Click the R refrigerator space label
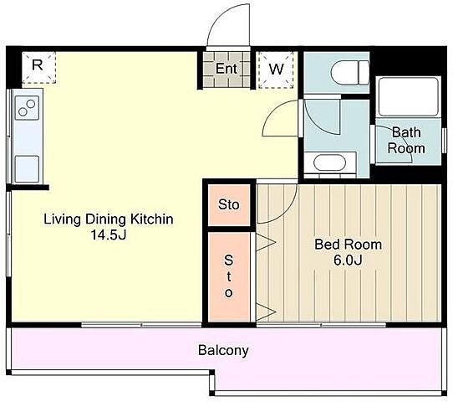pyautogui.click(x=38, y=64)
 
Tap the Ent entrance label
pyautogui.click(x=226, y=69)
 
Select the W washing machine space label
pyautogui.click(x=276, y=70)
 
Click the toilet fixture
pyautogui.click(x=350, y=73)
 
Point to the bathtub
pyautogui.click(x=408, y=96)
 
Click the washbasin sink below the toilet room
pyautogui.click(x=329, y=163)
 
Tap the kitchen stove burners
pyautogui.click(x=27, y=107)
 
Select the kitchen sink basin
pyautogui.click(x=27, y=169)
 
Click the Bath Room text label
pyautogui.click(x=406, y=141)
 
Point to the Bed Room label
pyautogui.click(x=349, y=245)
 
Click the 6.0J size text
pyautogui.click(x=348, y=260)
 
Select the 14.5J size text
pyautogui.click(x=109, y=234)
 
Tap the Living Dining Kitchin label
pyautogui.click(x=109, y=219)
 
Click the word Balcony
pyautogui.click(x=223, y=351)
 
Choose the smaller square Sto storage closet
pyautogui.click(x=229, y=205)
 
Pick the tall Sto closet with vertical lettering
pyautogui.click(x=229, y=276)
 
